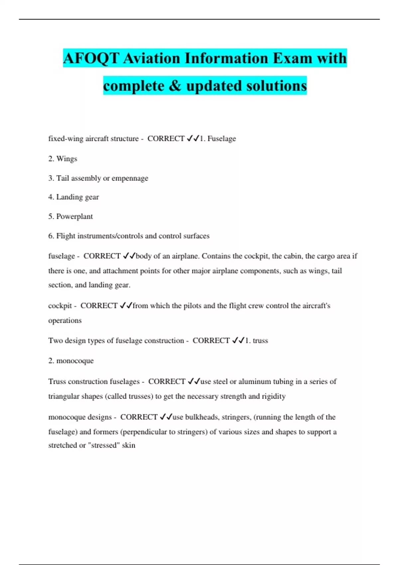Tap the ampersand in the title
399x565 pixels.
coord(175,86)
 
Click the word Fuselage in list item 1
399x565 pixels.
coord(221,139)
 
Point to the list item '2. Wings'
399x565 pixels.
coord(63,159)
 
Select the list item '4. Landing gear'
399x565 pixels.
coord(73,197)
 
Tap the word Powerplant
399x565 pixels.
coord(74,216)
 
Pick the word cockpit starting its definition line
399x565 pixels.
coord(60,306)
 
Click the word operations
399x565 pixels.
coord(65,320)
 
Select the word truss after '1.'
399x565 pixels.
coord(260,341)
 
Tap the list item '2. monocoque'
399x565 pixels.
coord(71,361)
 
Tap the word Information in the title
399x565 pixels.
coord(226,58)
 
